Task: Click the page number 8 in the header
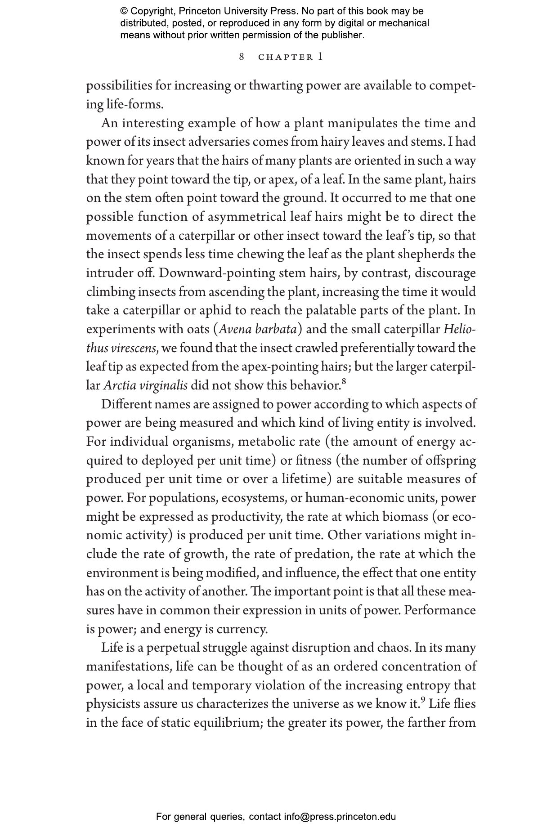click(242, 57)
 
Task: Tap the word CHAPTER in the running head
click(286, 57)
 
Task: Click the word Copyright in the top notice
click(152, 11)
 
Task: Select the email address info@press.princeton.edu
click(340, 816)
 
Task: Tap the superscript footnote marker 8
click(344, 382)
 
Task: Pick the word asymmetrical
click(246, 217)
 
